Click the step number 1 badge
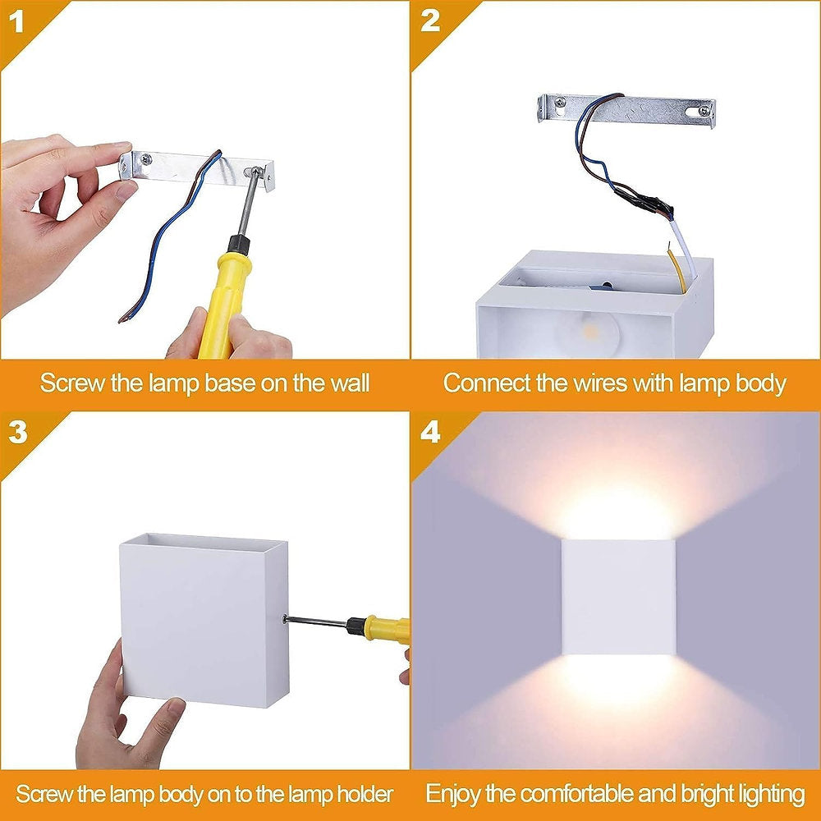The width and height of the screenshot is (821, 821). [18, 21]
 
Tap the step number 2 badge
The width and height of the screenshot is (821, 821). [430, 21]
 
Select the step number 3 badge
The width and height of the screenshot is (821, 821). [18, 433]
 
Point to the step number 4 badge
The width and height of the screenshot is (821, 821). [430, 433]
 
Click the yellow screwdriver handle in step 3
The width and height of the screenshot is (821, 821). [386, 630]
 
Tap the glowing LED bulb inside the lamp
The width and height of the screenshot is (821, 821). [585, 328]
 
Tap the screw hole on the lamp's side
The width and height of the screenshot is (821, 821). [285, 619]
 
